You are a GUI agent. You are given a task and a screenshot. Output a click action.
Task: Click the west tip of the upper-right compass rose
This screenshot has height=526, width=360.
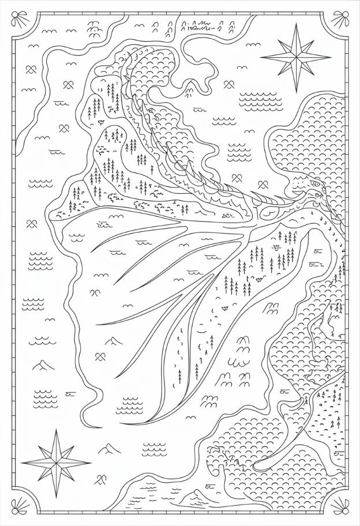[261, 57]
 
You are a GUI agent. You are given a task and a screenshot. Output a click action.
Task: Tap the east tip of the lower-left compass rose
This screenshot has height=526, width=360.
[90, 463]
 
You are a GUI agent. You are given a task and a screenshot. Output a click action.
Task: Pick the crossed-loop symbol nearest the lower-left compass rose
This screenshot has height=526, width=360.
[102, 478]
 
